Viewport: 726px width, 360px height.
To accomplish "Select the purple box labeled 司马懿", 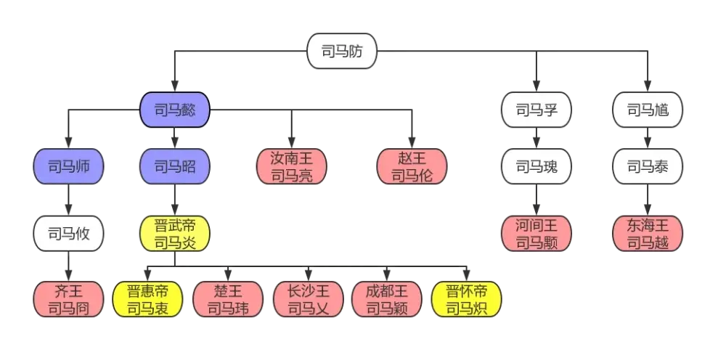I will [x=174, y=110].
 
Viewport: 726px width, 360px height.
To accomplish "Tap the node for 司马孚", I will [x=535, y=110].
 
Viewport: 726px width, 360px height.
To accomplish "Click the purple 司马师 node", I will [x=67, y=167].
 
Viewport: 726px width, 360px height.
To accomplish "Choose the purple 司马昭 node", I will [x=174, y=167].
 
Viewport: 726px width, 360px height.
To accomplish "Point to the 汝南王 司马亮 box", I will [x=291, y=167].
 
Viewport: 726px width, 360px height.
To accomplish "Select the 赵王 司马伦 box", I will [x=412, y=167].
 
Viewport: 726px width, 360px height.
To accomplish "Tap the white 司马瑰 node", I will [x=536, y=167].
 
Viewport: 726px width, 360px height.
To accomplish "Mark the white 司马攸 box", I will [x=67, y=234].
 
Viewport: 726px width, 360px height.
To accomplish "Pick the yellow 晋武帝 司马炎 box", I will [x=174, y=234].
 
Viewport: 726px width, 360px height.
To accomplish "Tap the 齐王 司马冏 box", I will [x=67, y=300].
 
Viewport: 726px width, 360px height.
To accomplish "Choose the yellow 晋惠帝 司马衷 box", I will [x=147, y=300].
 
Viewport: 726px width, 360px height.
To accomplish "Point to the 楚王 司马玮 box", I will [x=227, y=300].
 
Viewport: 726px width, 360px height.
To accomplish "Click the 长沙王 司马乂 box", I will [x=308, y=300].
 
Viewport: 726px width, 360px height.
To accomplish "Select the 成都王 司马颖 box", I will [x=386, y=300].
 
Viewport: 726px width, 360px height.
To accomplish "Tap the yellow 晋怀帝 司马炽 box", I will [x=466, y=300].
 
